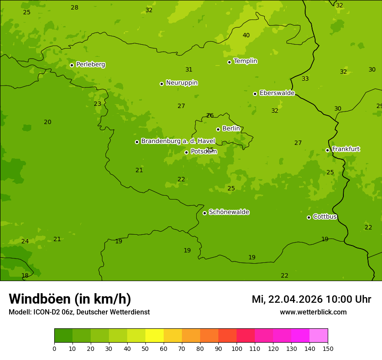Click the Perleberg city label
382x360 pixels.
click(x=90, y=65)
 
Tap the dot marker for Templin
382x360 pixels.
click(x=229, y=62)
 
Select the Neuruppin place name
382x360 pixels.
click(x=181, y=83)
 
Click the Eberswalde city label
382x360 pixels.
click(x=277, y=93)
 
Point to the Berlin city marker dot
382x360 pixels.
click(x=218, y=129)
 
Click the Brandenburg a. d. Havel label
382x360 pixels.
click(x=178, y=141)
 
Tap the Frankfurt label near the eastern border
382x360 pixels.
click(x=346, y=149)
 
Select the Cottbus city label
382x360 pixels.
click(x=325, y=216)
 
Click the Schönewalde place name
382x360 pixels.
click(x=229, y=212)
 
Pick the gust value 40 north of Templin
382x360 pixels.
click(x=246, y=36)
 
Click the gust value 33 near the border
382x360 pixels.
click(x=305, y=79)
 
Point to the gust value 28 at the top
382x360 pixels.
click(x=75, y=8)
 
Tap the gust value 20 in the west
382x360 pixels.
click(x=48, y=122)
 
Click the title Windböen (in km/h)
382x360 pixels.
click(x=70, y=299)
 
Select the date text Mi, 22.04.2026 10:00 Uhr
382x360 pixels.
click(x=311, y=299)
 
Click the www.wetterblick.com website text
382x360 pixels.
click(x=313, y=312)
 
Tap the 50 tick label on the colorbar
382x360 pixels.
click(x=145, y=348)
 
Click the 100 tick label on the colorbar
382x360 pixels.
click(x=237, y=348)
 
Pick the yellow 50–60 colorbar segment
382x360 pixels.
click(x=155, y=336)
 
